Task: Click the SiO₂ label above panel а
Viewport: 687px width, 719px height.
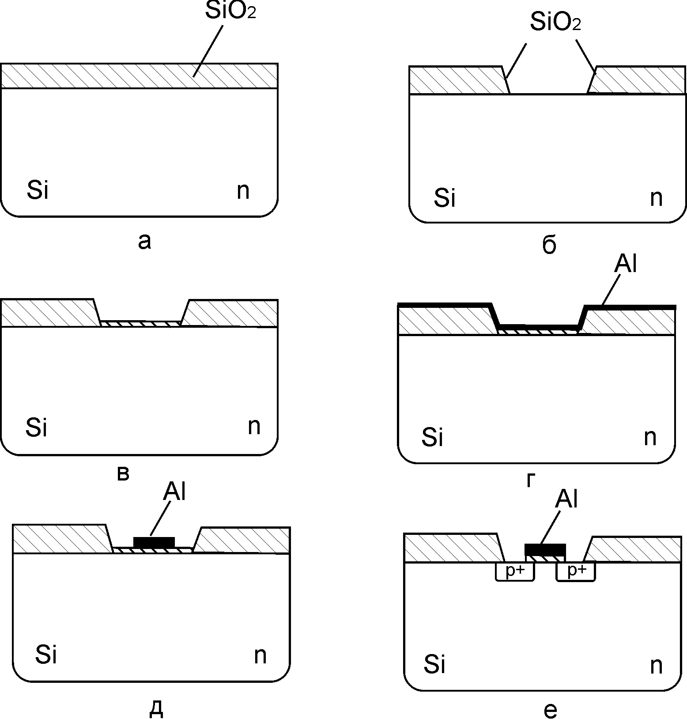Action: click(x=230, y=11)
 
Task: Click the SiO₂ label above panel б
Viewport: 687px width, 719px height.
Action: click(x=555, y=22)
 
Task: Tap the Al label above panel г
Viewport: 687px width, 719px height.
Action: click(x=626, y=265)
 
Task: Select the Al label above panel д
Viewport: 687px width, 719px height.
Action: click(x=174, y=491)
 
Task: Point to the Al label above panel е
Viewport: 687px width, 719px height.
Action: click(x=566, y=499)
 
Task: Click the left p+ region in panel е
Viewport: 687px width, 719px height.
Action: click(x=515, y=571)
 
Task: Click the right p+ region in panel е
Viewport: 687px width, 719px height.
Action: click(x=576, y=571)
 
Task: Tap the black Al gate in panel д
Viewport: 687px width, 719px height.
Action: click(x=154, y=542)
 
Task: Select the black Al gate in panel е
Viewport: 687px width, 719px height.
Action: click(x=545, y=550)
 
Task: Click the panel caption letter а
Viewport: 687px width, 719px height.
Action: click(x=144, y=241)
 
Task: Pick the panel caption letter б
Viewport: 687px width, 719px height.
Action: click(x=549, y=246)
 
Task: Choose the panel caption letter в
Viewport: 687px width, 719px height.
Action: click(x=123, y=474)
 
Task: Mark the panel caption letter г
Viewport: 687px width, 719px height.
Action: click(x=531, y=481)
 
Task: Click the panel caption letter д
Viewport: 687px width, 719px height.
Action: click(x=156, y=709)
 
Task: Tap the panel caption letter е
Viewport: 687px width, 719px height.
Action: click(x=551, y=710)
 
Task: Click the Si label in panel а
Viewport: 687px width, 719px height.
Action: click(x=38, y=190)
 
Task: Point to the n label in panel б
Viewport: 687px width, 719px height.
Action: click(x=656, y=198)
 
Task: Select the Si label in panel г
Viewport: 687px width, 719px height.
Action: click(x=432, y=437)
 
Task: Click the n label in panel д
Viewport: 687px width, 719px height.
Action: click(x=260, y=655)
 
